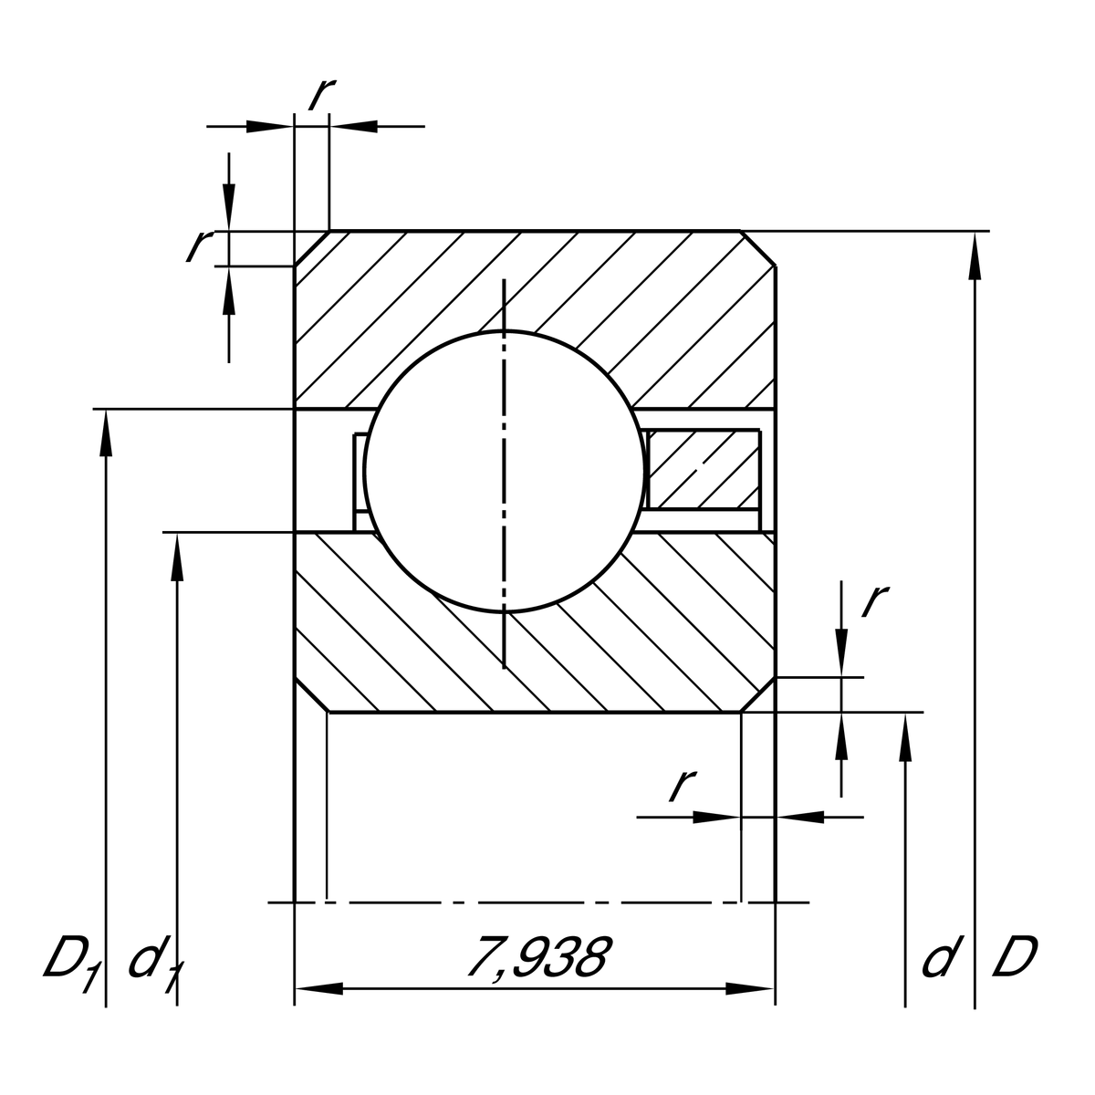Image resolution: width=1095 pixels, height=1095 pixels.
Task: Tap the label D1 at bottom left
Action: [x=71, y=960]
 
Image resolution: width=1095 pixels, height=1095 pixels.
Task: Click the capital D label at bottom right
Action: [x=1015, y=958]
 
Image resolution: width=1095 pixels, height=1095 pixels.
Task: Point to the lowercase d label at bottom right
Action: [x=940, y=958]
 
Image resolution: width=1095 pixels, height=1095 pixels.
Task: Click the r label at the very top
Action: [x=322, y=93]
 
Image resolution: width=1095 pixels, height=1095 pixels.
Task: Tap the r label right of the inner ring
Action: [x=873, y=600]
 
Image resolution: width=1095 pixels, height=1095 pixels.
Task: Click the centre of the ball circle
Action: [x=505, y=470]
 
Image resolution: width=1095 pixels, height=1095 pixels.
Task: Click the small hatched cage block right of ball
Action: [x=703, y=469]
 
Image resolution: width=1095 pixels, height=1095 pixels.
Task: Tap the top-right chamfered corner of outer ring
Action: [x=758, y=248]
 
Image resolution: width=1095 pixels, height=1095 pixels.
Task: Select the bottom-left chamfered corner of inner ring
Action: [x=311, y=695]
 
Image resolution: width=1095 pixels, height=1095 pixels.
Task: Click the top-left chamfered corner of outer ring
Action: [x=311, y=248]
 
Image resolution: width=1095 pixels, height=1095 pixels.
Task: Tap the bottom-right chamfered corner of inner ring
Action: [x=758, y=695]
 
